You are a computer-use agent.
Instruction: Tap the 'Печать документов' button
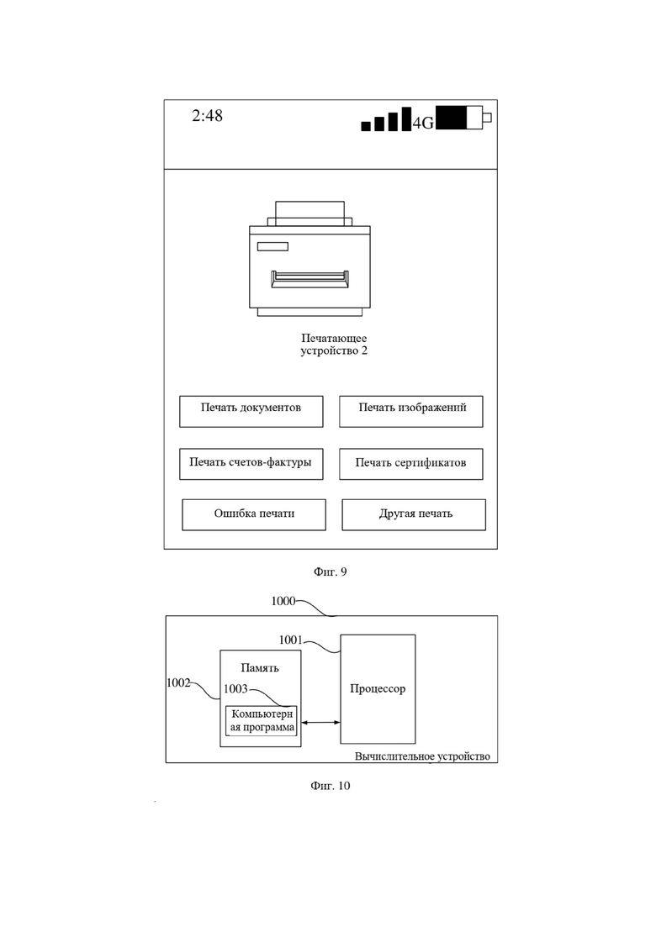pyautogui.click(x=251, y=412)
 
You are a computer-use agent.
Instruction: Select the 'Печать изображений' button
pyautogui.click(x=411, y=412)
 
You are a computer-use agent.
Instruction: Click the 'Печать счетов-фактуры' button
pyautogui.click(x=251, y=464)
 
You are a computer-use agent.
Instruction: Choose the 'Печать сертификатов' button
pyautogui.click(x=411, y=464)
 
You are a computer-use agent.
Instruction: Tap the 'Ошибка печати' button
pyautogui.click(x=254, y=515)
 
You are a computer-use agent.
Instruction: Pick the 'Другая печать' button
pyautogui.click(x=414, y=515)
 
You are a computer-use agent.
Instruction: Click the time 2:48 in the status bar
pyautogui.click(x=207, y=115)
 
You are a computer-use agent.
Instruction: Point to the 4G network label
pyautogui.click(x=423, y=123)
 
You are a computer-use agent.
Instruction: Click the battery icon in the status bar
pyautogui.click(x=463, y=117)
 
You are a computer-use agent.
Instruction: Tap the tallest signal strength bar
pyautogui.click(x=406, y=119)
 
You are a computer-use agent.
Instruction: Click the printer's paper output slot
pyautogui.click(x=309, y=279)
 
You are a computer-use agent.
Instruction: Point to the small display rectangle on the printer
pyautogui.click(x=272, y=246)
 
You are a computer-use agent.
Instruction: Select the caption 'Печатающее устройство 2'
pyautogui.click(x=334, y=344)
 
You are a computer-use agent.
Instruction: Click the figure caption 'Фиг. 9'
pyautogui.click(x=330, y=571)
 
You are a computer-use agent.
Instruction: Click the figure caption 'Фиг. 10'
pyautogui.click(x=330, y=786)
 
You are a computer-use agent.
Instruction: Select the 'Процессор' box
pyautogui.click(x=378, y=689)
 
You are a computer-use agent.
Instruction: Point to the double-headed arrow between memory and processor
pyautogui.click(x=320, y=722)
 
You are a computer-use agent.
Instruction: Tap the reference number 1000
pyautogui.click(x=283, y=601)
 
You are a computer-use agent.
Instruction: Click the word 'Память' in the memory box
pyautogui.click(x=260, y=668)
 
